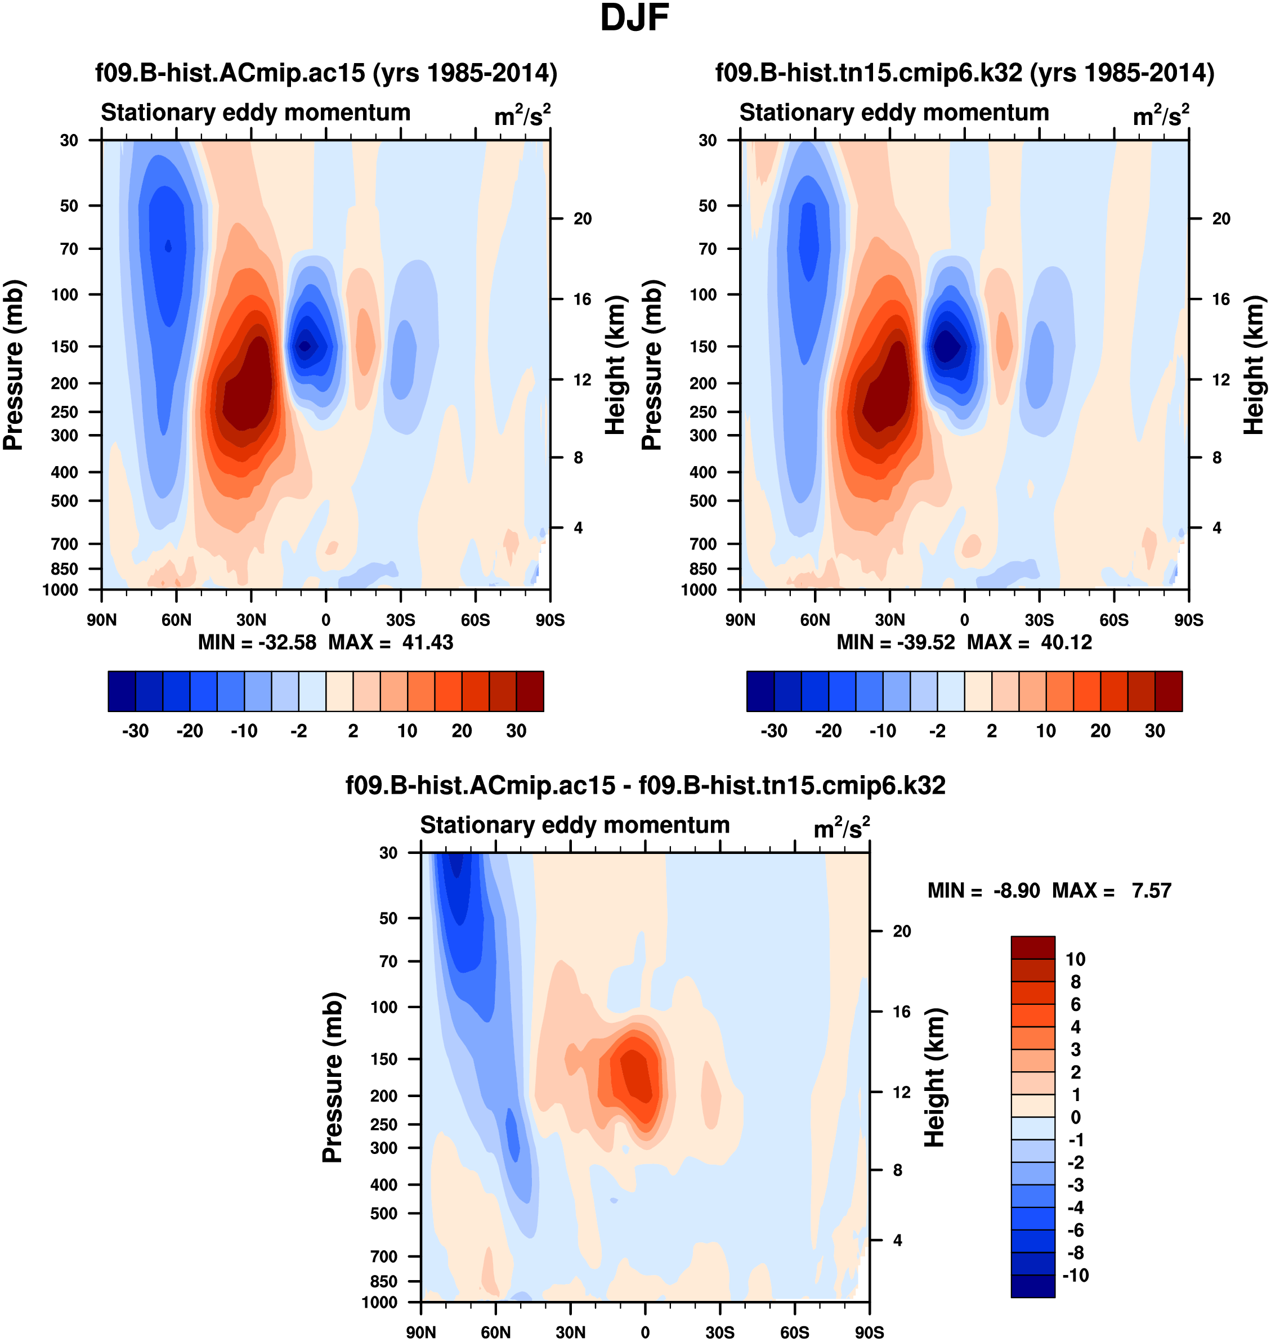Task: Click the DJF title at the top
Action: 634,18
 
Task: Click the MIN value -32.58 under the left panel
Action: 287,642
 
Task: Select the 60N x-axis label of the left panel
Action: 176,620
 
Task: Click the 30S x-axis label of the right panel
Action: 1039,620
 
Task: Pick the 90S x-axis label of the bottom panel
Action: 869,1332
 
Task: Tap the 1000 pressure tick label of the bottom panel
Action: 379,1303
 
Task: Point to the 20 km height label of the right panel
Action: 1221,219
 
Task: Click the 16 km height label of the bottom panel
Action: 901,1012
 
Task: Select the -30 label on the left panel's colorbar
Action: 136,731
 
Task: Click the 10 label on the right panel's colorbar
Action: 1046,731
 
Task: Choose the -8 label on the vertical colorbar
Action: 1075,1252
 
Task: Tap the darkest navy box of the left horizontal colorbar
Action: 122,691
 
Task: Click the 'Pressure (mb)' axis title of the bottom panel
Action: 333,1077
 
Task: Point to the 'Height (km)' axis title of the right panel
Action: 1254,364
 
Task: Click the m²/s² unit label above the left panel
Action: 522,115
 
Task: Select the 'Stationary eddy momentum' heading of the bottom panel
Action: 575,825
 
